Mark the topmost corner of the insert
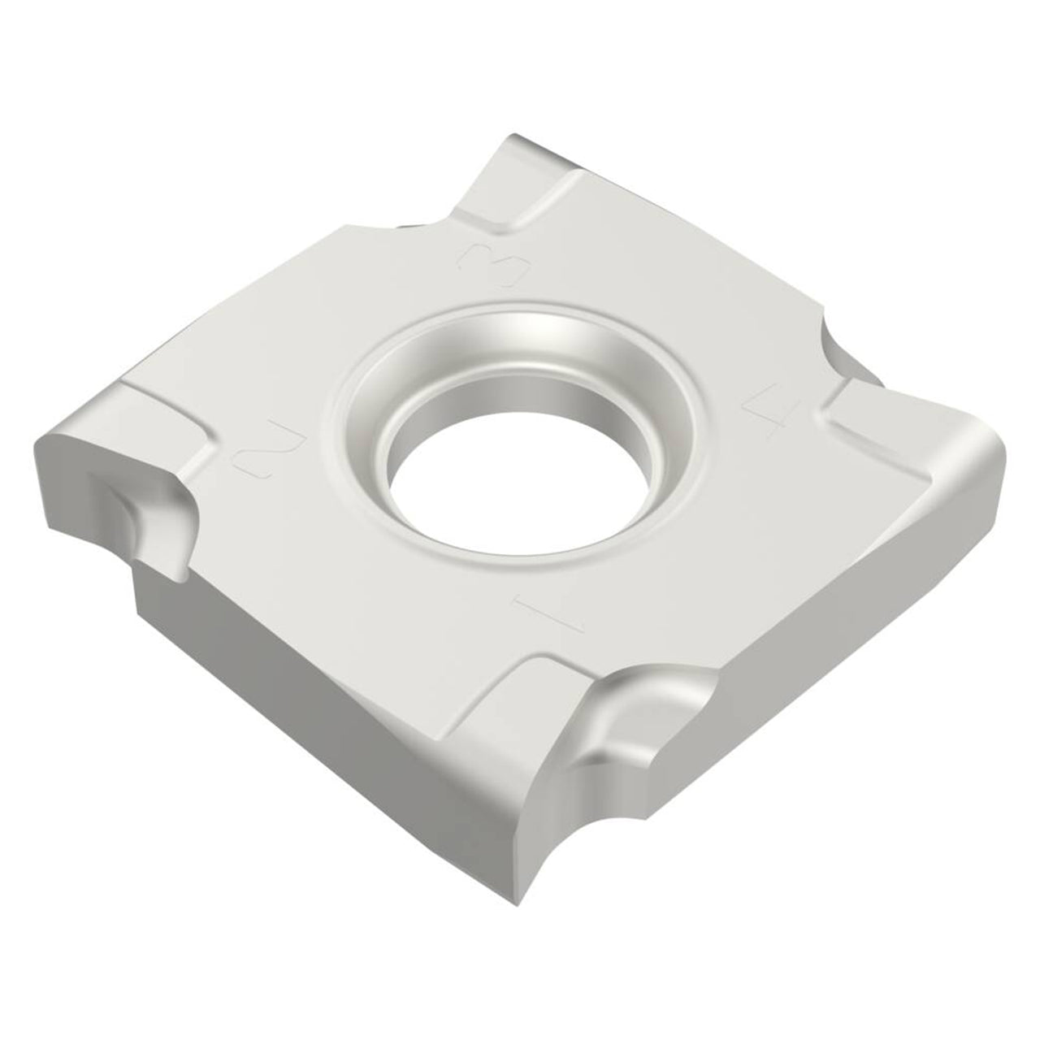pyautogui.click(x=513, y=135)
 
